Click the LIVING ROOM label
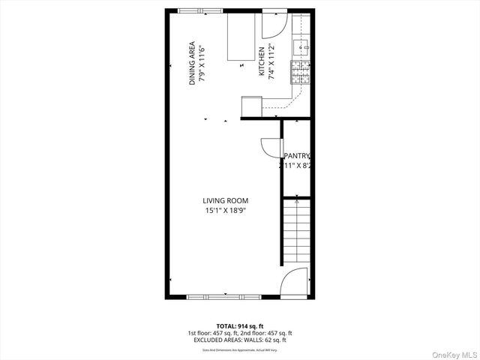[x=225, y=200]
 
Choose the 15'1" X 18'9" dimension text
[x=226, y=211]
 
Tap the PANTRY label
[x=297, y=156]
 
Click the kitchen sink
[x=304, y=47]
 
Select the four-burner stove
[x=302, y=73]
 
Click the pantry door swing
[x=269, y=148]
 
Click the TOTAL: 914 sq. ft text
[x=239, y=325]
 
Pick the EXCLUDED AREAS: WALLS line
[x=239, y=340]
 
